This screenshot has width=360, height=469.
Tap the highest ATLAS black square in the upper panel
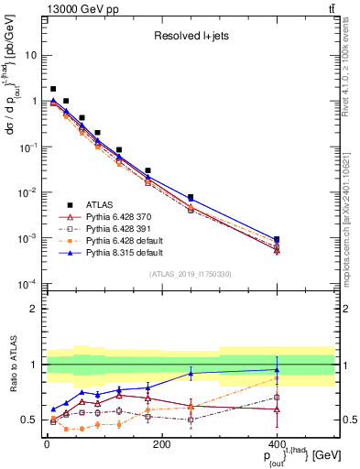tap(53, 89)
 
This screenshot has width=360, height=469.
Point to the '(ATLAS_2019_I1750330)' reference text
tap(191, 274)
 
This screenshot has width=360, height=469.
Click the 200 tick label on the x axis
tap(161, 445)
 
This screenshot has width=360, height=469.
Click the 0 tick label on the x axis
tap(47, 445)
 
